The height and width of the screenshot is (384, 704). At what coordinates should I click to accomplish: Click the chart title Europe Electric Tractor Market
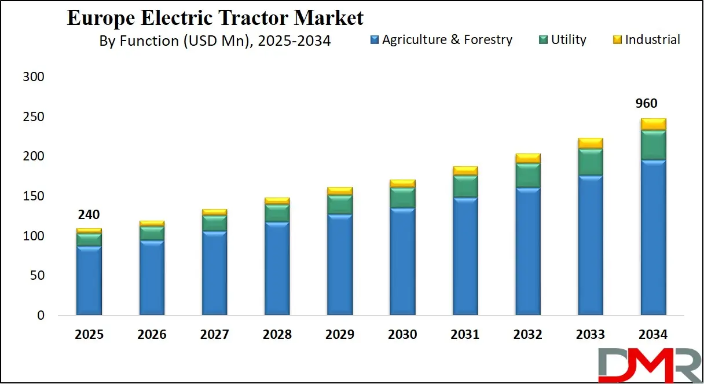[x=215, y=17]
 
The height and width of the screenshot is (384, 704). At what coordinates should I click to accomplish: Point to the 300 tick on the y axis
[x=32, y=77]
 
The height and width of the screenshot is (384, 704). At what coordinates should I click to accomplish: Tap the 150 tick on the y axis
[x=32, y=196]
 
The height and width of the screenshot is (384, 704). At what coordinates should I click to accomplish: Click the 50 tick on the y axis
[x=36, y=276]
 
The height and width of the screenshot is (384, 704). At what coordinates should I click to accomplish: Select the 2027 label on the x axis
[x=214, y=335]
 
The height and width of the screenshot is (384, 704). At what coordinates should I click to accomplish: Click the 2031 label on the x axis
[x=465, y=335]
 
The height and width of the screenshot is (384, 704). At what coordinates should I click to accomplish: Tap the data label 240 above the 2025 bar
[x=89, y=215]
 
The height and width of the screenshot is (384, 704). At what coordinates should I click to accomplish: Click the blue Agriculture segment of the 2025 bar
[x=89, y=281]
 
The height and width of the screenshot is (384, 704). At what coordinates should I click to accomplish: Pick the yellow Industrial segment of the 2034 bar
[x=653, y=124]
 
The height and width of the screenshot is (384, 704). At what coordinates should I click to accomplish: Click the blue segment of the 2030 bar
[x=402, y=261]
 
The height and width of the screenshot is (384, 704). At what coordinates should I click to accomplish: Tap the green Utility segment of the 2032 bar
[x=528, y=175]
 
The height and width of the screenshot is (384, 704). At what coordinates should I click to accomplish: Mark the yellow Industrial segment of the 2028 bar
[x=277, y=201]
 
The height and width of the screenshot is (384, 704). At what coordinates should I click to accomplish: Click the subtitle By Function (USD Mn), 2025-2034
[x=215, y=41]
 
